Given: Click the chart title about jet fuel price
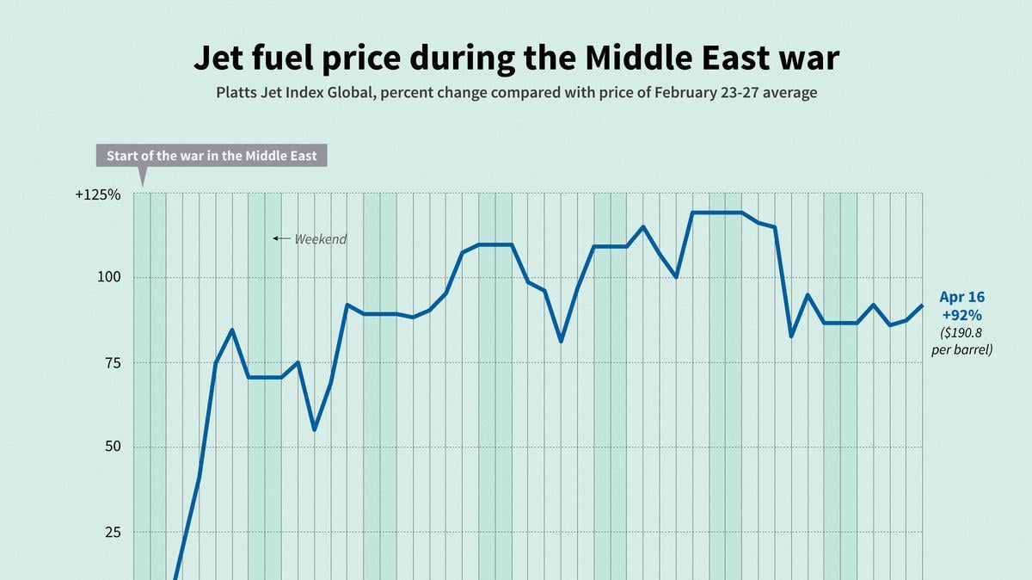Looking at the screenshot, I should click(516, 58).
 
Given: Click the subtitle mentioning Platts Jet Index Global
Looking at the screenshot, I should click(516, 92).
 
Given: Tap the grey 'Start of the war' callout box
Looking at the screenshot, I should click(211, 156).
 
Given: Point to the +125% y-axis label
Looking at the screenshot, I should click(97, 194).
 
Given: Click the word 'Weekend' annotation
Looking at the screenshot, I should click(321, 239).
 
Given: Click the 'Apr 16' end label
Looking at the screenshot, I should click(961, 297).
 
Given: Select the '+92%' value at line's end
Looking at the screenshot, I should click(961, 315).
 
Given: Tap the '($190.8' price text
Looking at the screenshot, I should click(961, 333).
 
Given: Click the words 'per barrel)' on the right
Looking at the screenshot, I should click(961, 350).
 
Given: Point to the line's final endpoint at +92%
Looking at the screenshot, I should click(923, 305).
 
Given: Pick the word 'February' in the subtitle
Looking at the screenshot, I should click(673, 92).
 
